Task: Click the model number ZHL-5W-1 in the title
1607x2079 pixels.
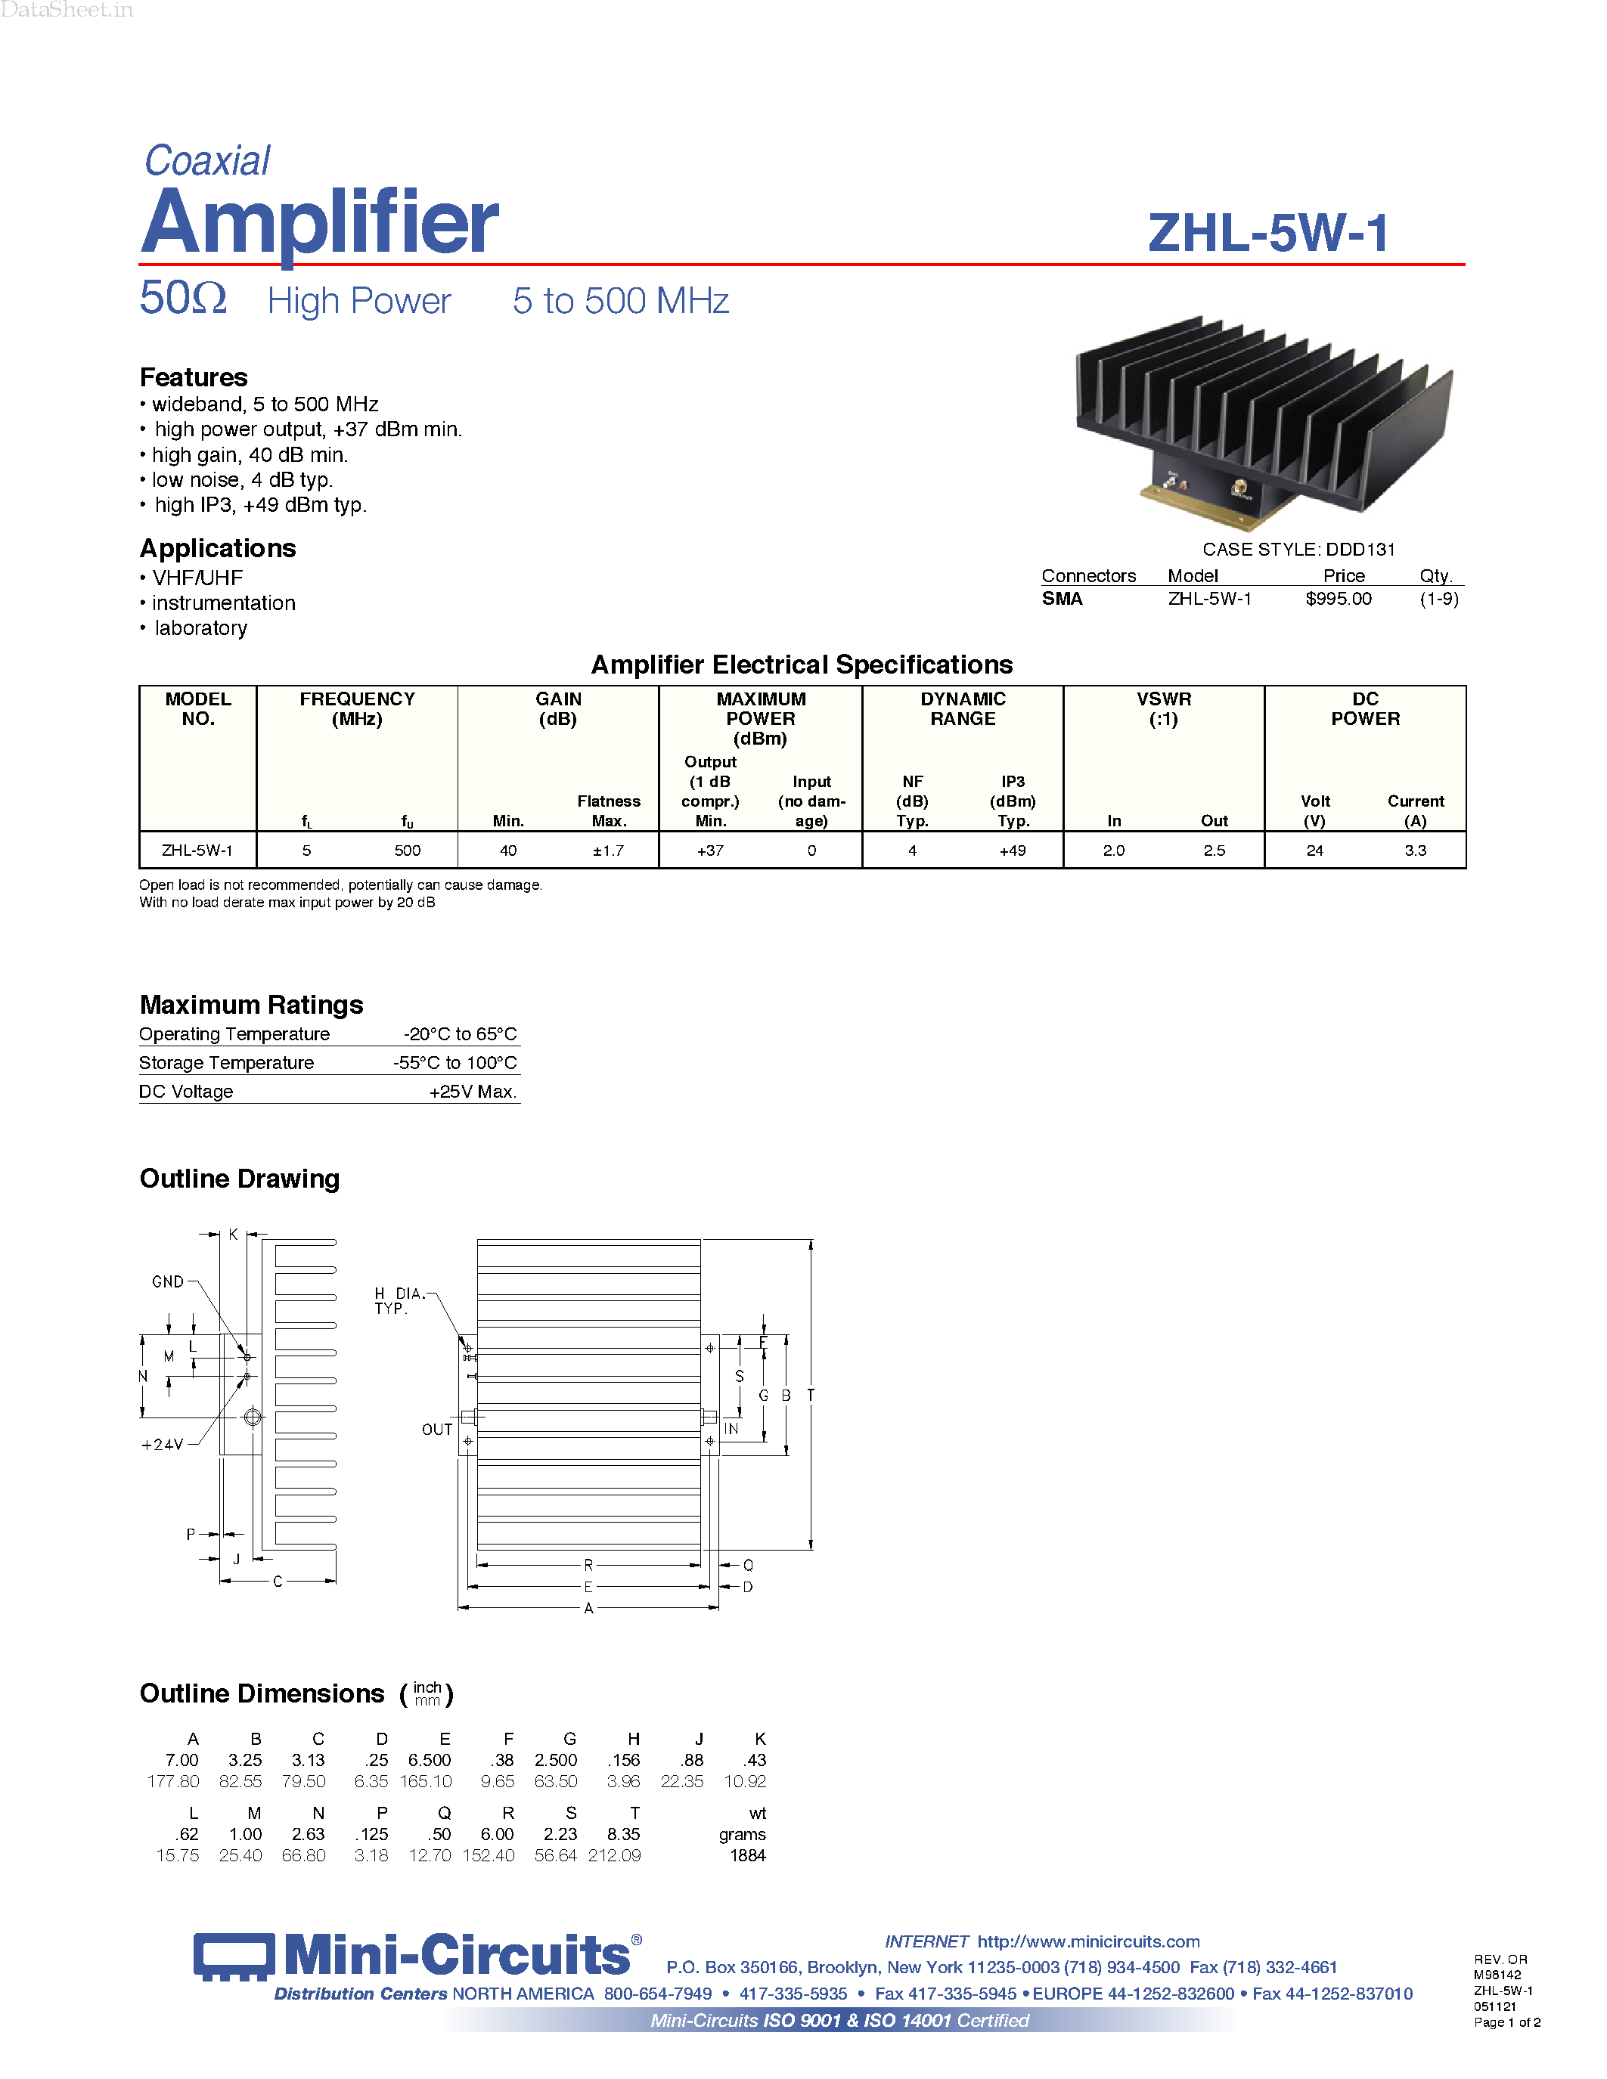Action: (1267, 233)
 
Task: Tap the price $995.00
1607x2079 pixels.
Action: (1338, 599)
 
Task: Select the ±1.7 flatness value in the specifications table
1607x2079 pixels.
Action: (607, 850)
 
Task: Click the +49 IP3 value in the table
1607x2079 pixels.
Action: (1012, 850)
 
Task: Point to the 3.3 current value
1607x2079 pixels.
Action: (1415, 850)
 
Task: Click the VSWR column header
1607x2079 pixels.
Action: (1163, 708)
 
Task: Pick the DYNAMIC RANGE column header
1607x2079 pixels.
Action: (963, 708)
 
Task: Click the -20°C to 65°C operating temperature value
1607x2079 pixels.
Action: (460, 1033)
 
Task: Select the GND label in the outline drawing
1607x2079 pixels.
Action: (168, 1282)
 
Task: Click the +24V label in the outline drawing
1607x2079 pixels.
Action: (162, 1445)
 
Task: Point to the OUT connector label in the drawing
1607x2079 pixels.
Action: (437, 1430)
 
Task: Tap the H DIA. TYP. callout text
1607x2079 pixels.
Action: (398, 1301)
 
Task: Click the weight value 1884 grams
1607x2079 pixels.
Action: (747, 1855)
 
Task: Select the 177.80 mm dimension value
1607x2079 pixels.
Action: (173, 1781)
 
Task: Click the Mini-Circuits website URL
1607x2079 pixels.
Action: (1088, 1942)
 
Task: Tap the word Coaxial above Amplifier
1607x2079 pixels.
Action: (207, 161)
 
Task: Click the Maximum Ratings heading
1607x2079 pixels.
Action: (251, 1005)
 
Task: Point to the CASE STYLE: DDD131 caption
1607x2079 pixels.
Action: (1298, 550)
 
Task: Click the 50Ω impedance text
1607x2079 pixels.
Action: (183, 299)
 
